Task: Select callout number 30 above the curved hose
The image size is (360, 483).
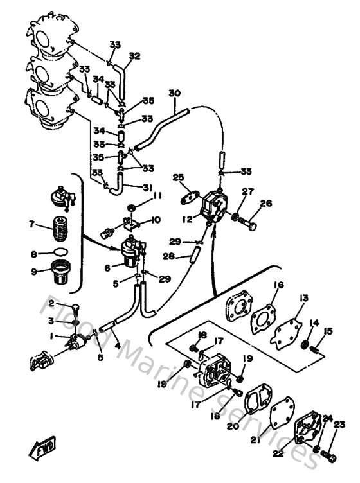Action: point(174,93)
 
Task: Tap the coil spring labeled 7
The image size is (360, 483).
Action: point(60,227)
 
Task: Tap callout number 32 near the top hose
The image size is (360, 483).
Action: point(134,56)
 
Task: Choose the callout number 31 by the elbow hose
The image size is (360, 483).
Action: point(148,187)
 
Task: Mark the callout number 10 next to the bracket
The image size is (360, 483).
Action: point(156,220)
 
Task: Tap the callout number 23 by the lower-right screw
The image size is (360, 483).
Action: point(339,424)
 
